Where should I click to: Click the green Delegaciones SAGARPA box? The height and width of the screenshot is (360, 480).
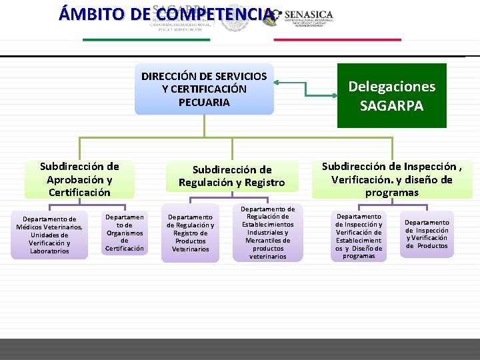pyautogui.click(x=391, y=95)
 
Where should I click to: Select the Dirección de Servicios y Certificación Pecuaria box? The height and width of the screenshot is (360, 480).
pyautogui.click(x=204, y=89)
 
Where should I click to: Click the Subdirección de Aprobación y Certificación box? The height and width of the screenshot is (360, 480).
pyautogui.click(x=79, y=179)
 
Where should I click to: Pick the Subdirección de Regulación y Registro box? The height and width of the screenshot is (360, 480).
pyautogui.click(x=231, y=176)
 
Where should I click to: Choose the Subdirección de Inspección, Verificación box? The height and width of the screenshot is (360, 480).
pyautogui.click(x=397, y=179)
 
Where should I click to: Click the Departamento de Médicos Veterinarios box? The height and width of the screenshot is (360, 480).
pyautogui.click(x=50, y=235)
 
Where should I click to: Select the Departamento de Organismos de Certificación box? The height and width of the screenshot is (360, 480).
pyautogui.click(x=124, y=233)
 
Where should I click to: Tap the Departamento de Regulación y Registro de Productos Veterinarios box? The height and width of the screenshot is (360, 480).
pyautogui.click(x=191, y=233)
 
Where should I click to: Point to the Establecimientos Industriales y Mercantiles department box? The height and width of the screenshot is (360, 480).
pyautogui.click(x=268, y=233)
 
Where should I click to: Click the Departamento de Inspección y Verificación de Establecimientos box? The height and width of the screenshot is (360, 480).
pyautogui.click(x=359, y=236)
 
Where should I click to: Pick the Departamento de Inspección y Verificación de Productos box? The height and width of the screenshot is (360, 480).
pyautogui.click(x=427, y=234)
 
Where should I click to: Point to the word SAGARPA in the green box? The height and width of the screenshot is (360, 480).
pyautogui.click(x=391, y=105)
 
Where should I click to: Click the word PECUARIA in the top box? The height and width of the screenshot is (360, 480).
pyautogui.click(x=204, y=102)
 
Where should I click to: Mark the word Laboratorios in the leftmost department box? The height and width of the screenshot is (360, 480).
pyautogui.click(x=50, y=251)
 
